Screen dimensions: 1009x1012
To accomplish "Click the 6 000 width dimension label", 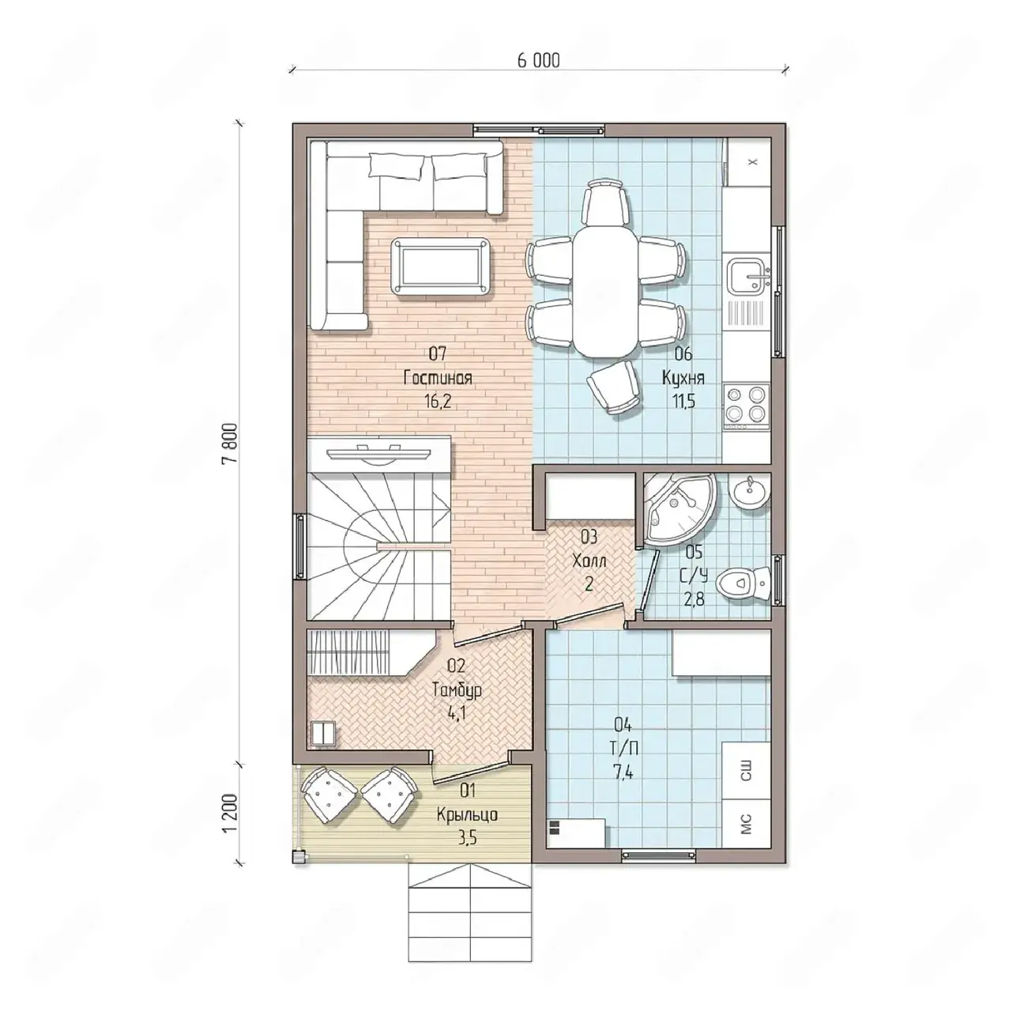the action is [x=538, y=61].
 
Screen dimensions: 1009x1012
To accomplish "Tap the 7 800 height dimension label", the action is [x=231, y=442].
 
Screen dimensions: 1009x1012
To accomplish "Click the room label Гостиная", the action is [x=438, y=378].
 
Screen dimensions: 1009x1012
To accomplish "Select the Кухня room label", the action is [x=683, y=378].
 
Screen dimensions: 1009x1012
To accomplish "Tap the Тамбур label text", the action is [x=456, y=690].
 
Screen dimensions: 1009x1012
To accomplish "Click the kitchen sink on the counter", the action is [x=748, y=276].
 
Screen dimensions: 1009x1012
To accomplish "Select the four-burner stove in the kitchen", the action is [x=747, y=404].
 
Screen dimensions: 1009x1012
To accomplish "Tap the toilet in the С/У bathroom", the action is [x=744, y=583].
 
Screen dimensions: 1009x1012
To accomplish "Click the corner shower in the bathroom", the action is [x=677, y=509].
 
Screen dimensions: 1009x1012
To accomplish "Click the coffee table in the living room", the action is [x=441, y=267].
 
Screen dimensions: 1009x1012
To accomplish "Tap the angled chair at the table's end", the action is [x=614, y=387].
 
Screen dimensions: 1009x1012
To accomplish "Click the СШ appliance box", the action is [x=746, y=770].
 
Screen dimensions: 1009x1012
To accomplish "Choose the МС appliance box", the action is [x=746, y=824].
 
